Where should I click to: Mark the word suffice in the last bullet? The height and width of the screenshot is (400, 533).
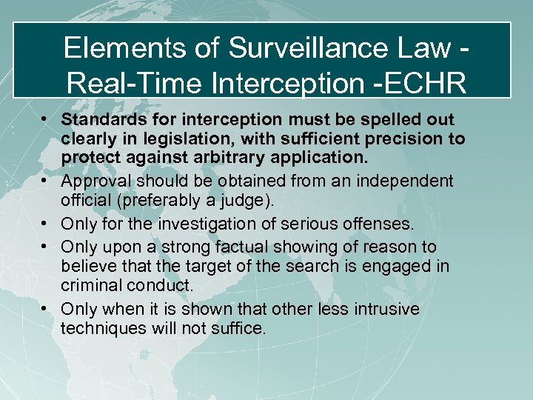coord(241,327)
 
